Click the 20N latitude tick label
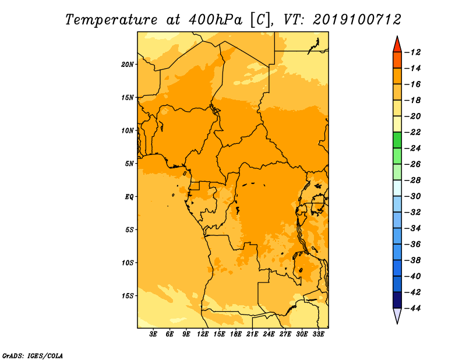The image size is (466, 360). click(x=128, y=65)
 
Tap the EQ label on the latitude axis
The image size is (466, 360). click(x=129, y=197)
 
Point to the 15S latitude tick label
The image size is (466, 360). click(x=128, y=296)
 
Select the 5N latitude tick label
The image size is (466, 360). click(x=129, y=164)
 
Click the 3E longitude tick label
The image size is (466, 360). click(x=153, y=334)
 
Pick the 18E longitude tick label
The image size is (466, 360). click(x=236, y=334)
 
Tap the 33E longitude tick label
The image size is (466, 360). click(x=318, y=334)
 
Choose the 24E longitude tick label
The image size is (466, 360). click(x=269, y=334)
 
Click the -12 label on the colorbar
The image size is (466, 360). click(x=413, y=52)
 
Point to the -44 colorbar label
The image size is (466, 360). click(x=413, y=308)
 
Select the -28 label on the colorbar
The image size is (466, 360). click(x=413, y=180)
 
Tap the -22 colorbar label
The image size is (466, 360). click(x=413, y=132)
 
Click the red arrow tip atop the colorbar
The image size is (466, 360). click(x=397, y=36)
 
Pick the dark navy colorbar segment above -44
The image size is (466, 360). click(x=397, y=300)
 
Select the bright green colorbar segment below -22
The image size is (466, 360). click(x=397, y=140)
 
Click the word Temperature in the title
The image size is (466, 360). click(x=111, y=20)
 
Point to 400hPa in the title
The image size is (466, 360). click(x=216, y=20)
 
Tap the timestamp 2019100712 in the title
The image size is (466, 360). click(x=357, y=20)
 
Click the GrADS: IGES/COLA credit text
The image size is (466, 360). click(x=33, y=356)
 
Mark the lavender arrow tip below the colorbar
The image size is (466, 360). click(x=397, y=323)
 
